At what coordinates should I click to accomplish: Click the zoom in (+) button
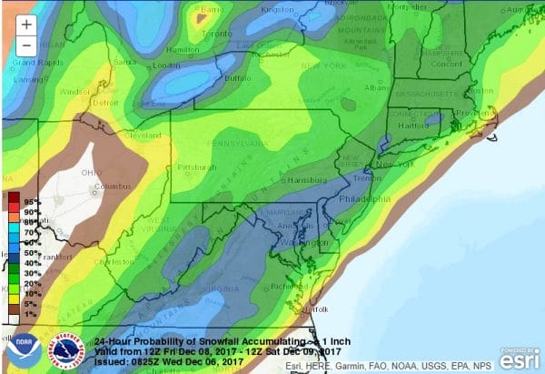[x=26, y=25]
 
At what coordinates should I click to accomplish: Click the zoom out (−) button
[x=26, y=45]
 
